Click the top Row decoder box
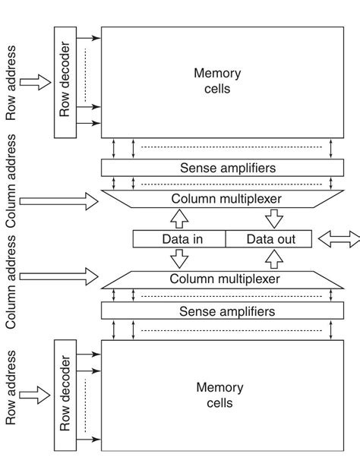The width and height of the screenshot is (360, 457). point(65,82)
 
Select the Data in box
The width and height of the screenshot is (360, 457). point(179,239)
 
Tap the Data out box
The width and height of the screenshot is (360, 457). point(270,239)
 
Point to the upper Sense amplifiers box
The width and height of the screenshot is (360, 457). point(216,167)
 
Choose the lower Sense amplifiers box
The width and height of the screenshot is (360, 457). point(216,311)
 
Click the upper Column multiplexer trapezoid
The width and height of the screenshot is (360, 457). point(216,199)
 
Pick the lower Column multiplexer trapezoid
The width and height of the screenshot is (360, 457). point(216,279)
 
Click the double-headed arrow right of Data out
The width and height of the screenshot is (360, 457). point(339,239)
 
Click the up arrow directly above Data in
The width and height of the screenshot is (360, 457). point(179,220)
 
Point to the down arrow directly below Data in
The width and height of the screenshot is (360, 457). point(179,258)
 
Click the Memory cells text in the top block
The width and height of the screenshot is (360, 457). point(217,81)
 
